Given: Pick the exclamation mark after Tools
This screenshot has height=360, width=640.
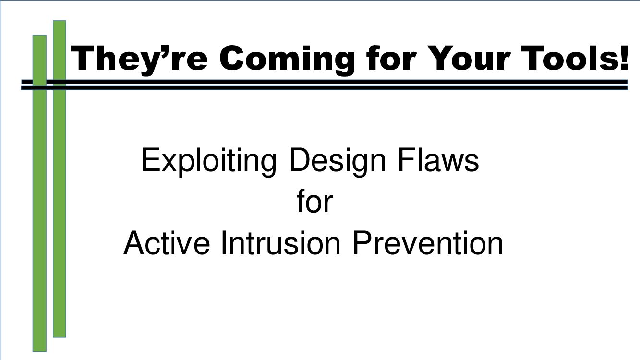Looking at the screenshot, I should (623, 57).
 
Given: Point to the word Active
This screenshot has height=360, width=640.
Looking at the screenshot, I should (167, 243).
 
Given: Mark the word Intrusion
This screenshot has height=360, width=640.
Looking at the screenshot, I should (281, 243).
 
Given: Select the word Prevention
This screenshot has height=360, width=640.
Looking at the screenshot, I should (428, 243).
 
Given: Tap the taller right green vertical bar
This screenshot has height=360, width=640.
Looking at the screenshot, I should (60, 192).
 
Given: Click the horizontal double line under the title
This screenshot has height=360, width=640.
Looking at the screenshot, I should (336, 85).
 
